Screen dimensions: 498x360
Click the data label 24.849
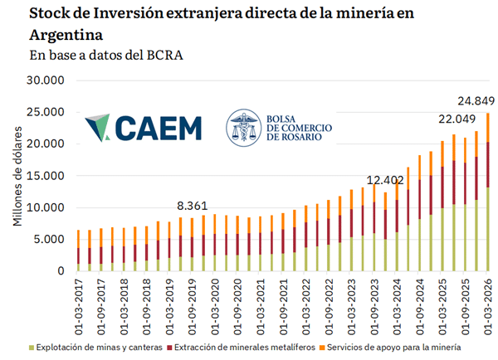pos(476,101)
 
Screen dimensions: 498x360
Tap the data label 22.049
pos(457,119)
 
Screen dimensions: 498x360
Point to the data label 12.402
pos(385,180)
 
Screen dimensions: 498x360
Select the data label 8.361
pos(193,206)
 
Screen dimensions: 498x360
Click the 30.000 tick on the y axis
pos(46,80)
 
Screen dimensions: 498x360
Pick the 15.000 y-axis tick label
pos(46,176)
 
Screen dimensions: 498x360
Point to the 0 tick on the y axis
pos(61,270)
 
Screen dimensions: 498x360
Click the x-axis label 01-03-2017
pos(79,307)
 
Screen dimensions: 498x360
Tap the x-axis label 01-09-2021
pos(283,307)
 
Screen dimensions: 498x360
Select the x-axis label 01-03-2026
pos(488,307)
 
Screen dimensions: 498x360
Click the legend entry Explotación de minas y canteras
pos(95,348)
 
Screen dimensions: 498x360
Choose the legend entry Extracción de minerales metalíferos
pos(241,348)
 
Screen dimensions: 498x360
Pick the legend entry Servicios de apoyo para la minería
pos(390,348)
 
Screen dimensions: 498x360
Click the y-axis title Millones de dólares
pos(17,176)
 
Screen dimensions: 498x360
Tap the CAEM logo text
pos(159,128)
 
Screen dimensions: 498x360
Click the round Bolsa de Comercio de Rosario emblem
pos(244,128)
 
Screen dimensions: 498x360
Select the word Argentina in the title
pos(66,35)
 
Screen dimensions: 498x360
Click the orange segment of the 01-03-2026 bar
pos(488,128)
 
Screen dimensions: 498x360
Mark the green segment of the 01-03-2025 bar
pos(442,240)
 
